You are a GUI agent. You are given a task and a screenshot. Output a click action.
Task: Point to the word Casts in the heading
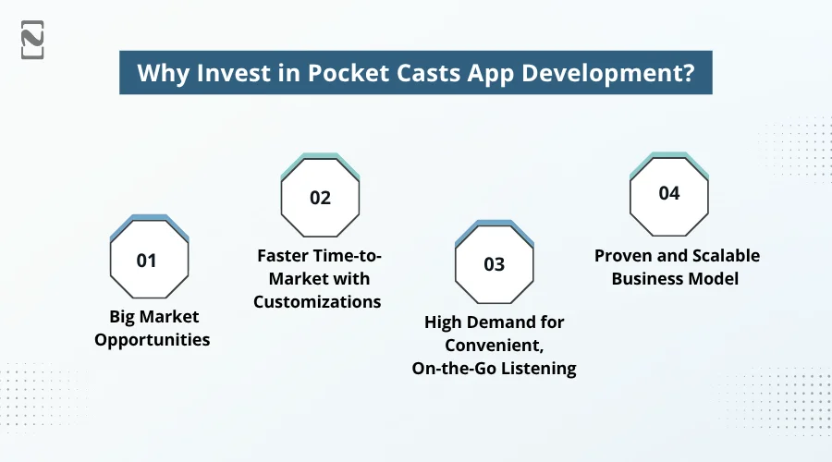click(x=410, y=74)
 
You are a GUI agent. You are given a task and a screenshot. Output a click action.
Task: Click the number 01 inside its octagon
click(x=146, y=261)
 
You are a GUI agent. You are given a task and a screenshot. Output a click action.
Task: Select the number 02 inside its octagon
click(x=320, y=198)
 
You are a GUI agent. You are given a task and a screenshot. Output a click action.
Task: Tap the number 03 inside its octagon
click(x=494, y=264)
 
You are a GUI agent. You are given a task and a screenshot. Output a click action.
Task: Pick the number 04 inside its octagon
click(x=668, y=193)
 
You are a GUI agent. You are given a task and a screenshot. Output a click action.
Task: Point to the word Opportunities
click(x=153, y=340)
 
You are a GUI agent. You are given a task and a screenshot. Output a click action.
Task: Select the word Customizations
click(x=318, y=302)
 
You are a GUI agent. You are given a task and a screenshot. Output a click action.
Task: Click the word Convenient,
click(x=494, y=346)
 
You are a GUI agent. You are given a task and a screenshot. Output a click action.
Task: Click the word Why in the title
click(x=159, y=74)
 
